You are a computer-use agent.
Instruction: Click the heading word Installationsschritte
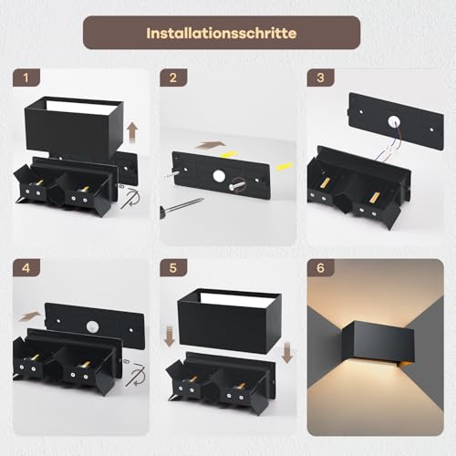coord(222,32)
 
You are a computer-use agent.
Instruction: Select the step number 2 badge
coord(171,78)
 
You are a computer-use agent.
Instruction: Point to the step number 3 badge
coord(319,78)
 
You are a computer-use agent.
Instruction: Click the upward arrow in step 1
coord(132,132)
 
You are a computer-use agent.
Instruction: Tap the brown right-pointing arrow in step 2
coord(210,143)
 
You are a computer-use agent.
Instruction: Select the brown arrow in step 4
coord(31,316)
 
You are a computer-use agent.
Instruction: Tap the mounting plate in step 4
coord(96,319)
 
